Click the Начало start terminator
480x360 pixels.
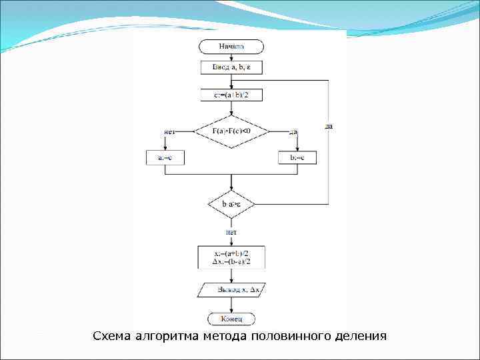click(231, 47)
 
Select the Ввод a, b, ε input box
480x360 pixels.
click(231, 67)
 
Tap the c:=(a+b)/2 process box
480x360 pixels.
click(231, 95)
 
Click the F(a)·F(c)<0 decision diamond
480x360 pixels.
click(231, 131)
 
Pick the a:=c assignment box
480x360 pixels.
click(165, 158)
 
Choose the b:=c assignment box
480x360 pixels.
click(297, 158)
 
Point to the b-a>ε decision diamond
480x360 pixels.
click(231, 204)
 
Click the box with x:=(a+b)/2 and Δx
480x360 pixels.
click(231, 257)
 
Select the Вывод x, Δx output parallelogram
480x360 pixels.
click(231, 290)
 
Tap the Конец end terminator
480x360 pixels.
click(231, 319)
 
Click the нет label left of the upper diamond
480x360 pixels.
click(169, 132)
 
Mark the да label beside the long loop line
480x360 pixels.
click(329, 125)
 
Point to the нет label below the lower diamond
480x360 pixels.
click(231, 231)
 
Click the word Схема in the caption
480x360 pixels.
click(111, 336)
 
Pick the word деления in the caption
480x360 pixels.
click(361, 336)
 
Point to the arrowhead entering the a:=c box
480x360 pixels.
click(165, 149)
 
